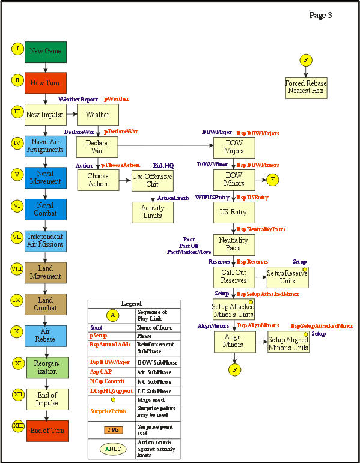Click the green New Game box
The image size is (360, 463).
point(46,52)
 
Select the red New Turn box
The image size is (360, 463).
point(46,83)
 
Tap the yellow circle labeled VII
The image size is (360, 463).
point(17,237)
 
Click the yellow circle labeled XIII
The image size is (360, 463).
point(17,426)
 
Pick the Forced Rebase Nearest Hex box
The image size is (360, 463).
point(305,87)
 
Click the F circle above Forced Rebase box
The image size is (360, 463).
point(306,59)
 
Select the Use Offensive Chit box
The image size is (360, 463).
point(152,180)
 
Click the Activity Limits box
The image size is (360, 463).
point(152,212)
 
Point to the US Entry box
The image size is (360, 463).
point(234,212)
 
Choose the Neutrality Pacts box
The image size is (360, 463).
point(234,244)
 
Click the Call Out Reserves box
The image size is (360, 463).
point(234,277)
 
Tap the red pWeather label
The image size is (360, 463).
point(117,98)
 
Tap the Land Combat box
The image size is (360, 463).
point(46,304)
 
